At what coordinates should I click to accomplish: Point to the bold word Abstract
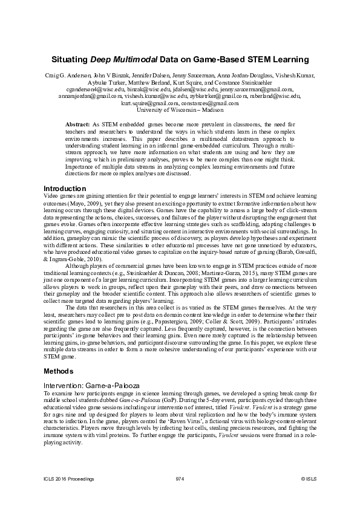coord(77,123)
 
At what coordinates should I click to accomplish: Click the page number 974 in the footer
coord(179,479)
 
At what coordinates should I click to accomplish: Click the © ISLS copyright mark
coord(309,479)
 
